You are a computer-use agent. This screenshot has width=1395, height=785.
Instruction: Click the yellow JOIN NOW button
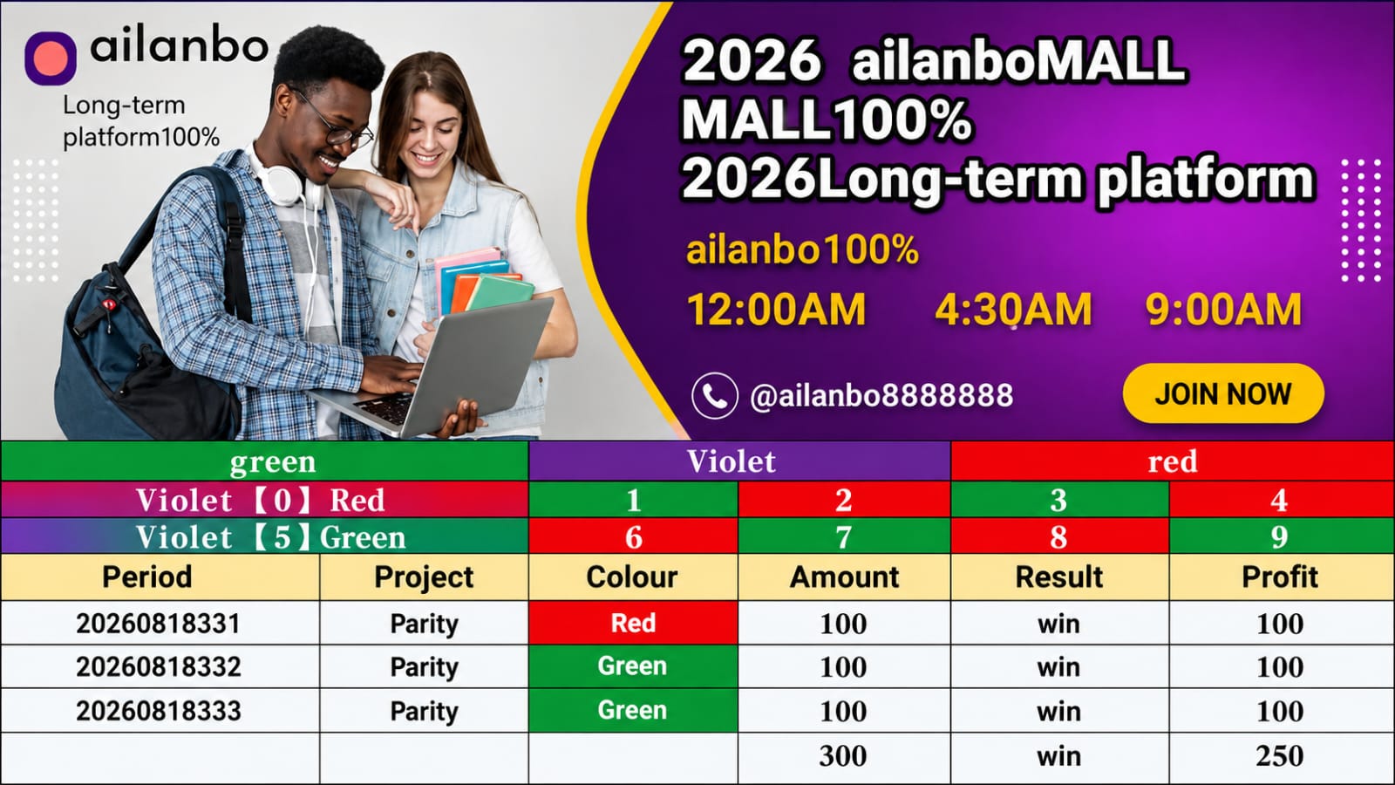coord(1223,393)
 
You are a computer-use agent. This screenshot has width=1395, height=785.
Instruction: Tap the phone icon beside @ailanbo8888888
coord(714,396)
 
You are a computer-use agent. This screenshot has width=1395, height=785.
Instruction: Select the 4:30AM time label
coord(1013,309)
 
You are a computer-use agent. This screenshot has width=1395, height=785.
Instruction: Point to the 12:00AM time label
coord(776,309)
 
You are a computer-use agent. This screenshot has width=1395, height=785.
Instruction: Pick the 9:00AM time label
coord(1223,309)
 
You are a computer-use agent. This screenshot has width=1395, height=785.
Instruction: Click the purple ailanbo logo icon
coord(51,58)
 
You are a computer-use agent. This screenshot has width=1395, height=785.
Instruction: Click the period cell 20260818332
coord(159,666)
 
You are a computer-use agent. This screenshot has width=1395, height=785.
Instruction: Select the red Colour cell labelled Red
coord(633,623)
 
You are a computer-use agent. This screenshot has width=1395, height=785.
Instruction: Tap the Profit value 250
coord(1280,755)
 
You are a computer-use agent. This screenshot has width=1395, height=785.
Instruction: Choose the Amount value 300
coord(843,755)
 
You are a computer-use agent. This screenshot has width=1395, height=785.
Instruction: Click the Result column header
coord(1059,577)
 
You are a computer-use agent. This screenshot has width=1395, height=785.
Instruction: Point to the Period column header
coord(147,577)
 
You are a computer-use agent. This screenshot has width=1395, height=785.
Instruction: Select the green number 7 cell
coord(844,536)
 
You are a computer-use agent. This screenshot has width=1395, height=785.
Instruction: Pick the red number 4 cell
coord(1281,500)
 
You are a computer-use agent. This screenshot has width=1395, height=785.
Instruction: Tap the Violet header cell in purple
coord(739,461)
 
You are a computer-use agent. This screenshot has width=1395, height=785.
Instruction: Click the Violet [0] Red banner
coord(265,500)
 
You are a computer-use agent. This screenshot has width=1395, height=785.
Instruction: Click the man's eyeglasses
coord(333,120)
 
